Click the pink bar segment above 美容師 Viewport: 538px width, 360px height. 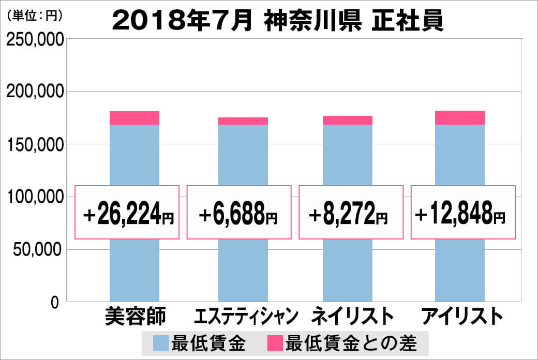[134, 118]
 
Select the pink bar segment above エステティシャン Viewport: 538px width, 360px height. [243, 121]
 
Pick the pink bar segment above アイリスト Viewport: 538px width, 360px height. [460, 118]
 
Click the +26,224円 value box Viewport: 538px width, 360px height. [127, 213]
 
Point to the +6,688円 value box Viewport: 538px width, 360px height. [238, 213]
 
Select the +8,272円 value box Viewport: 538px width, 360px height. [350, 213]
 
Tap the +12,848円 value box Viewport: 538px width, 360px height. [463, 213]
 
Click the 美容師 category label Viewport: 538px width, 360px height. [134, 317]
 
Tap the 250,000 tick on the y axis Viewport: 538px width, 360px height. [35, 40]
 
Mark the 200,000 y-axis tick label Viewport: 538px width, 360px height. [35, 92]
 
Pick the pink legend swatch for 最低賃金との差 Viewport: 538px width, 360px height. [275, 342]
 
